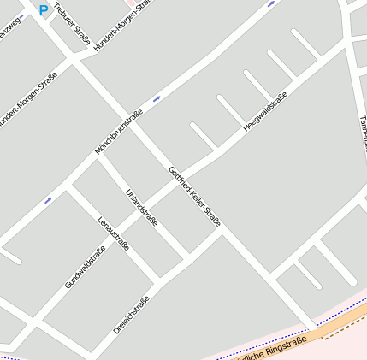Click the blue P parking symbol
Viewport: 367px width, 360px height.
44,10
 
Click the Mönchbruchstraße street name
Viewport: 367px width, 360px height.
118,133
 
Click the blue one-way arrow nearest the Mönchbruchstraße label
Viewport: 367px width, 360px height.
157,99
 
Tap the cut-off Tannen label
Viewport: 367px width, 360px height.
359,128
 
